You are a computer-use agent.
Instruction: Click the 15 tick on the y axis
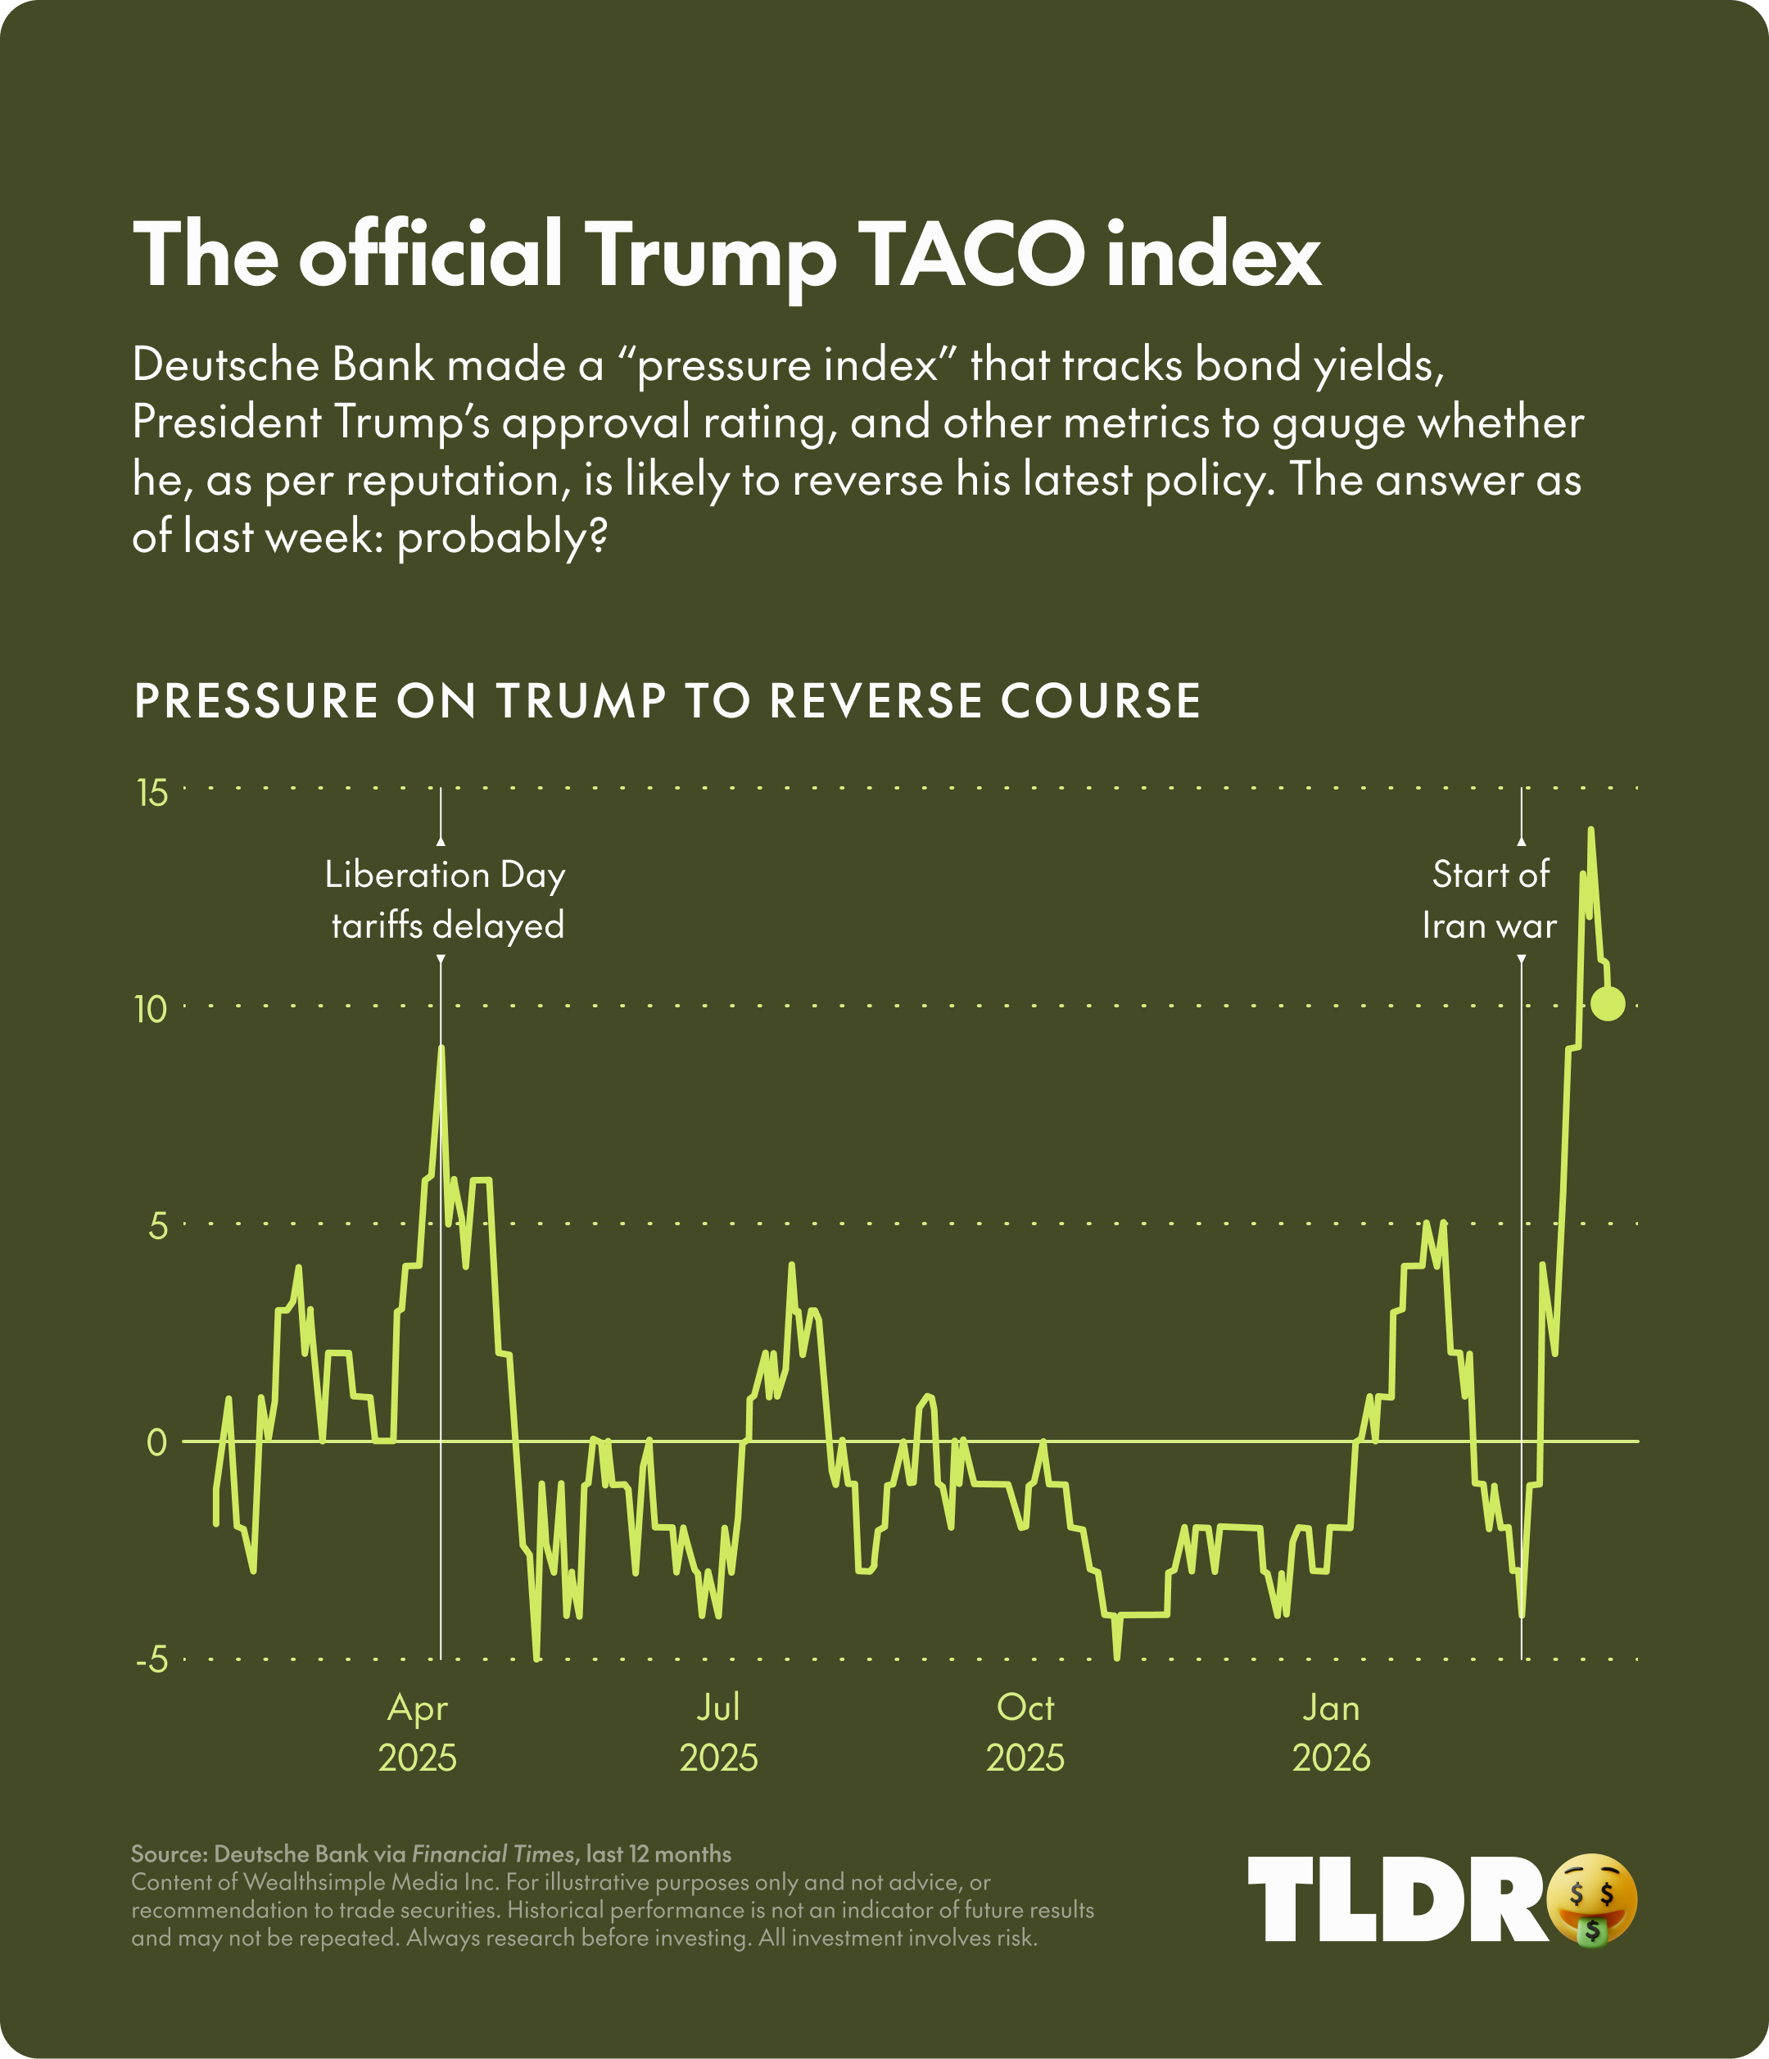(x=153, y=794)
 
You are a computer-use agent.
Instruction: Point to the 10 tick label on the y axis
(x=153, y=1011)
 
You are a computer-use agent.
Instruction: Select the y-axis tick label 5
(x=158, y=1227)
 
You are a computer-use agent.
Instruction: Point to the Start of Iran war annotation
(x=1490, y=900)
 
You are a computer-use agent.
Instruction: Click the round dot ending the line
(x=1607, y=1003)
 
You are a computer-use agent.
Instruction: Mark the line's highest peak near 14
(x=1590, y=830)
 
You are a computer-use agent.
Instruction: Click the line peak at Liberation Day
(x=441, y=1048)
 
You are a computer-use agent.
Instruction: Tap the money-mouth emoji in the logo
(x=1592, y=1899)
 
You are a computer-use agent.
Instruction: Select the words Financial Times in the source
(x=493, y=1854)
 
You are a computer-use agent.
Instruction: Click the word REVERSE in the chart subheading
(x=876, y=700)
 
